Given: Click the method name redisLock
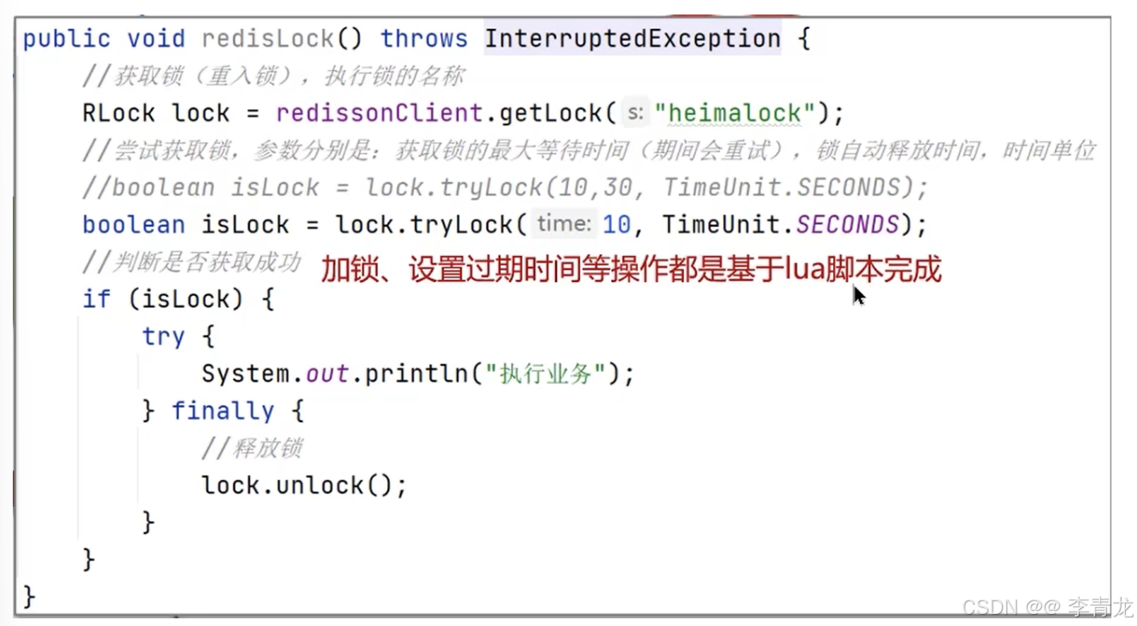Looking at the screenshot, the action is coord(266,39).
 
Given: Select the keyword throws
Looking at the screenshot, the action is coord(424,39).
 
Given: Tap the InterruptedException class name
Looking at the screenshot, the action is coord(632,39).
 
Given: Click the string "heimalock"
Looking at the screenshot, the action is coord(736,113).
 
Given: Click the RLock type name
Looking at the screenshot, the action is coord(119,113).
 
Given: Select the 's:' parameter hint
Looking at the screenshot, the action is coord(635,113).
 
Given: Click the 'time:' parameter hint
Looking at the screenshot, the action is coord(564,224).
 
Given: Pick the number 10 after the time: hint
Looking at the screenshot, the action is coord(617,224).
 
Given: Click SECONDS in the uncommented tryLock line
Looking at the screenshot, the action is coord(848,224).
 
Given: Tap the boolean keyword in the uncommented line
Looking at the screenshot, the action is coord(133,224).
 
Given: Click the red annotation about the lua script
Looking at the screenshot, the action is coord(631,270).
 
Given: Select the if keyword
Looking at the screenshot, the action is coord(96,299).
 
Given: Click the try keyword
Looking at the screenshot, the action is coord(163,337).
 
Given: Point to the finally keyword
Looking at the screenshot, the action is coord(223,411).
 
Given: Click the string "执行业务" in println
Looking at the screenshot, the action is coord(546,374).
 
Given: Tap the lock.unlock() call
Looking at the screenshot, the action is coord(304,485).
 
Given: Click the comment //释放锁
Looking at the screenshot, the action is coord(252,449).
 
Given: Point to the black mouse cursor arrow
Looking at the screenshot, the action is coord(858,295).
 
